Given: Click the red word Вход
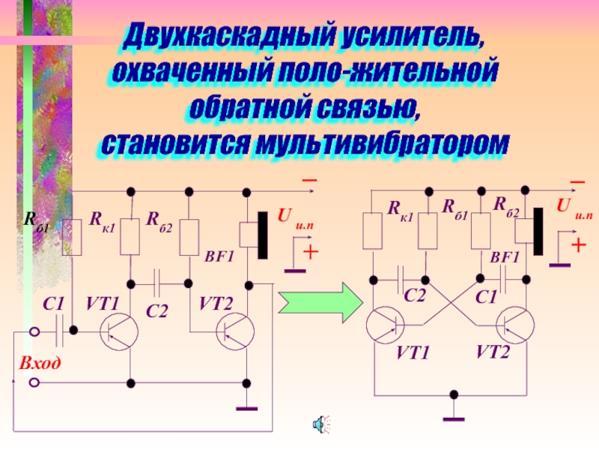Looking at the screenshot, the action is pyautogui.click(x=40, y=363).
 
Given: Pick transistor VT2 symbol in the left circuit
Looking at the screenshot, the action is pyautogui.click(x=235, y=331).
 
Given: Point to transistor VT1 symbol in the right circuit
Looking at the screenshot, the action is pyautogui.click(x=385, y=325).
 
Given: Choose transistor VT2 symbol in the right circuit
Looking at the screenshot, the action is pyautogui.click(x=514, y=325).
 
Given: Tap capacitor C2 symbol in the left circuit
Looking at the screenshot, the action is pyautogui.click(x=159, y=283).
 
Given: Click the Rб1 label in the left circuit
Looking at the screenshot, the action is pyautogui.click(x=34, y=219).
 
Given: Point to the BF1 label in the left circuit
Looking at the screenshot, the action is pyautogui.click(x=219, y=256).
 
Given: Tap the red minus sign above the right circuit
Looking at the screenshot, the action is pyautogui.click(x=577, y=183).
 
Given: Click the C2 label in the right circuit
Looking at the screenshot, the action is pyautogui.click(x=415, y=296).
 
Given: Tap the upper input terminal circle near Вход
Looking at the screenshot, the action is pyautogui.click(x=34, y=331).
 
